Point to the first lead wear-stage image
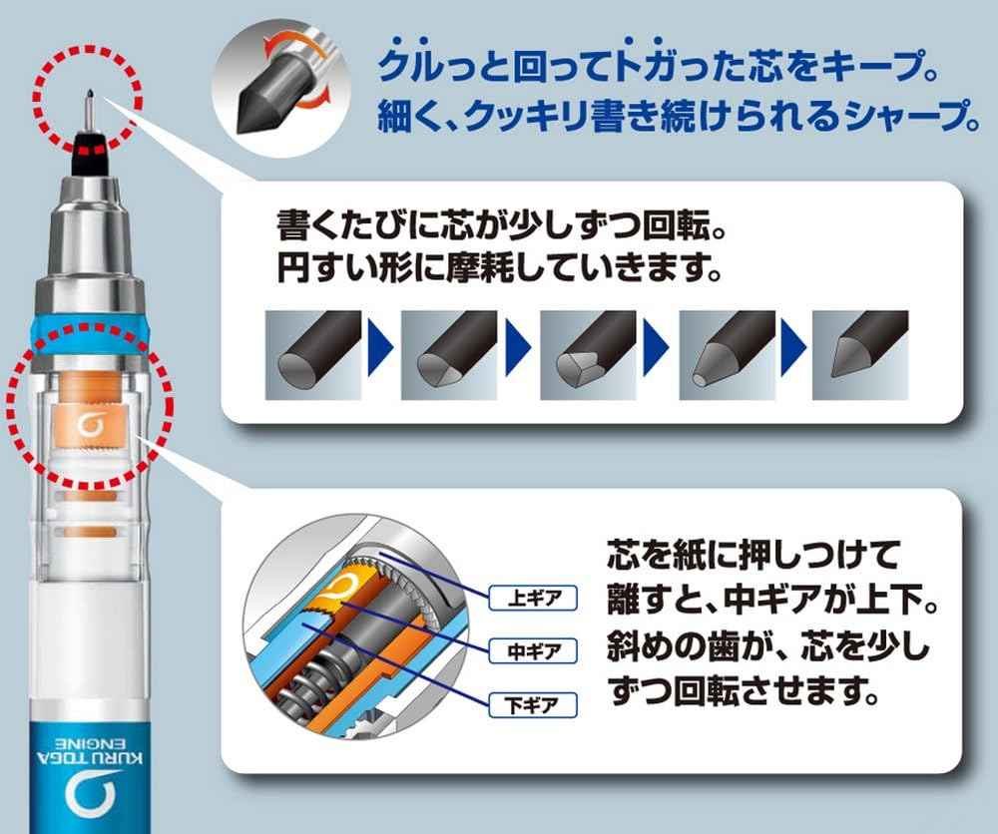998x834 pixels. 312,348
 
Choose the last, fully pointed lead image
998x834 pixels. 860,348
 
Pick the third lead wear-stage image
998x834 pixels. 588,348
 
